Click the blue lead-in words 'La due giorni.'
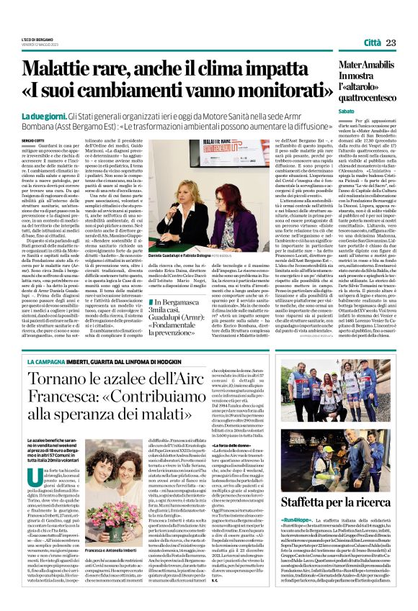[43, 116]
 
